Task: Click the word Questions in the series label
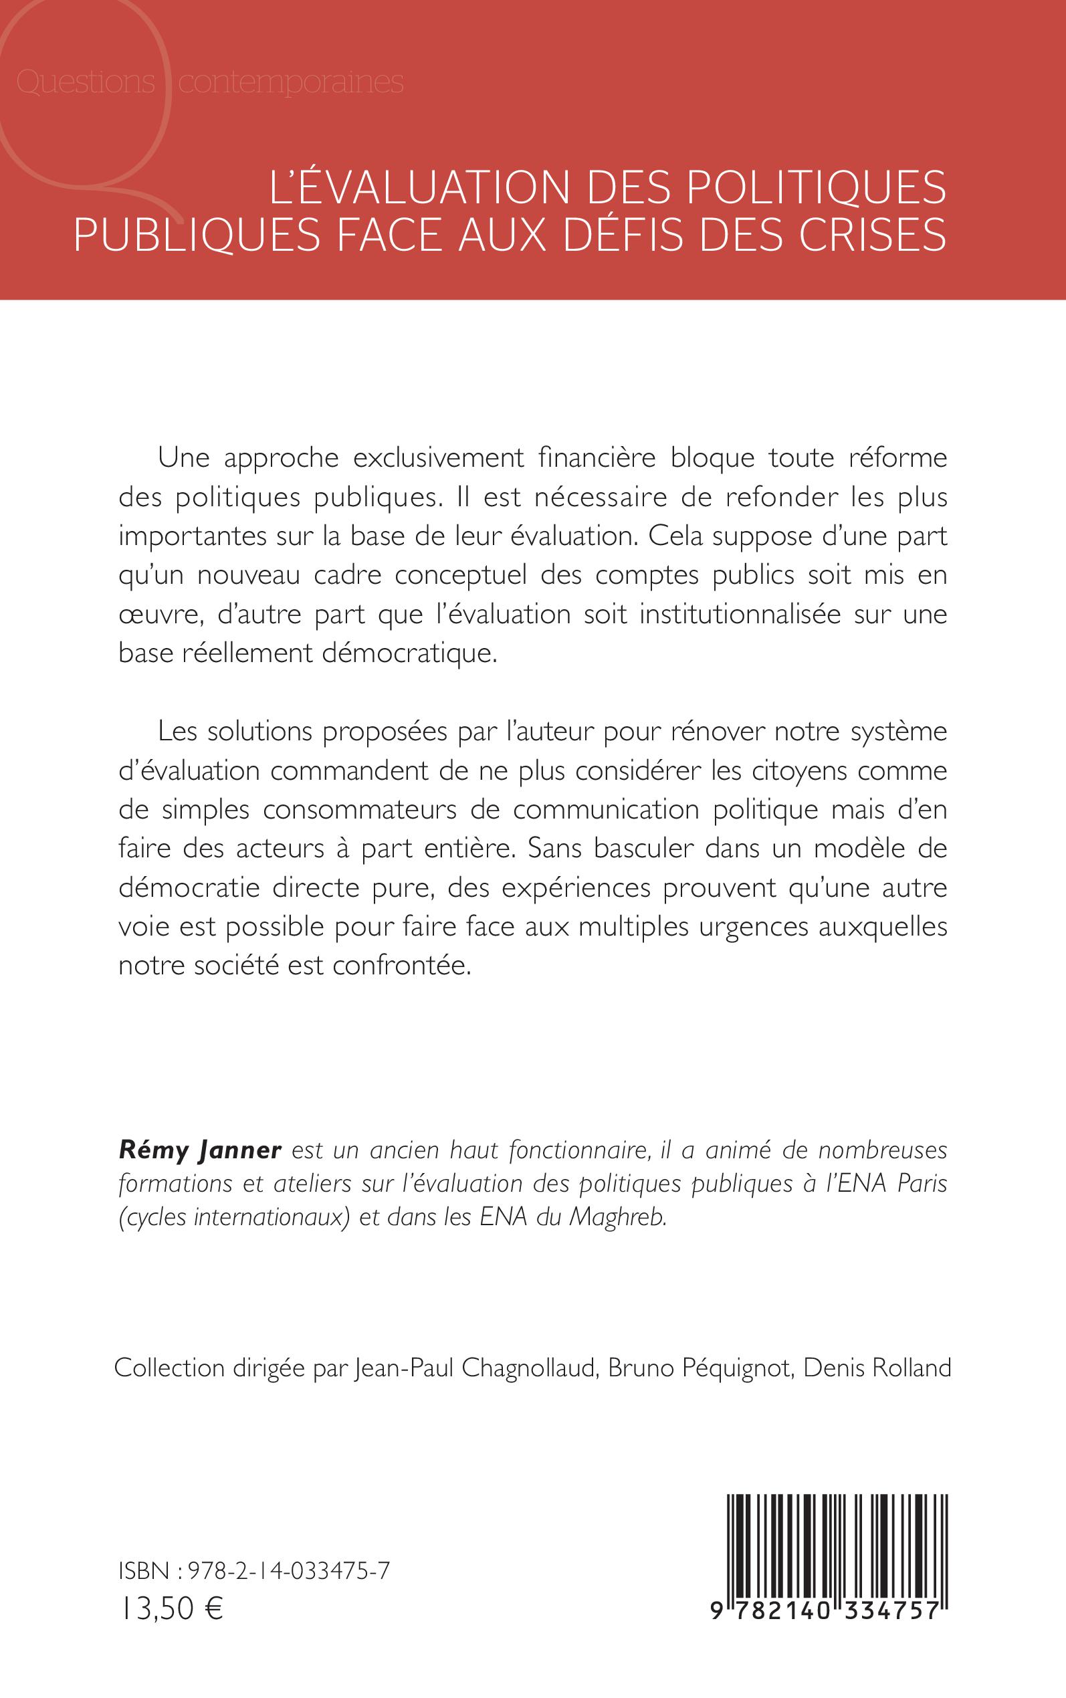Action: click(x=86, y=82)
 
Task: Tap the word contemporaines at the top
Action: click(x=290, y=83)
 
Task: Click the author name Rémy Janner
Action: click(x=200, y=1150)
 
